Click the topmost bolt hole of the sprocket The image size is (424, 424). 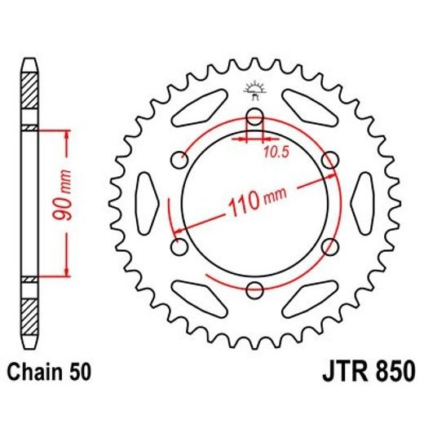[x=255, y=115]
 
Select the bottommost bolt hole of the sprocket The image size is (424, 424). [x=255, y=289]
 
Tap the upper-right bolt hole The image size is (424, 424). [x=330, y=159]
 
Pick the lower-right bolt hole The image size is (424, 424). [x=330, y=245]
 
